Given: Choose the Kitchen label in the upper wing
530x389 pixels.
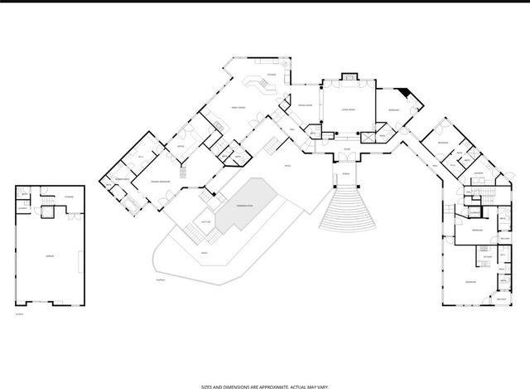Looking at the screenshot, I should click(x=259, y=74).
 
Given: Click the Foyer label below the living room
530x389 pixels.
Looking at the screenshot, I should click(x=345, y=149).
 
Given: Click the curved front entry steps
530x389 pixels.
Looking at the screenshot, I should click(x=345, y=212).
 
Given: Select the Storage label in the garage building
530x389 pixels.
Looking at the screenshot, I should click(x=70, y=197).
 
